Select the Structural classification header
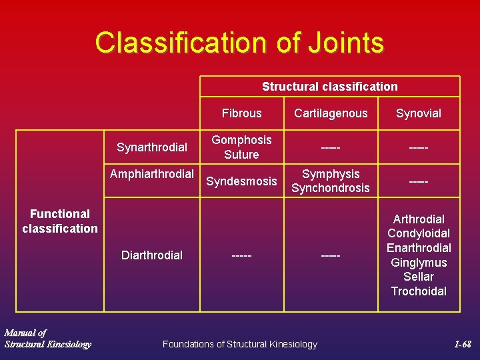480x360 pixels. (329, 87)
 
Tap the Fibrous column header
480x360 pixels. (241, 113)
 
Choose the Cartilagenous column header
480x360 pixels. (331, 113)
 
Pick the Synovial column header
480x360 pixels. (419, 113)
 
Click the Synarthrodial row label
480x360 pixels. (152, 147)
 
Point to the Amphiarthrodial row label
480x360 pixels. (152, 175)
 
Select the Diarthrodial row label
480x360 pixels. (152, 255)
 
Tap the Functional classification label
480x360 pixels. (60, 221)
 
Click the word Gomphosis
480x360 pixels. (241, 140)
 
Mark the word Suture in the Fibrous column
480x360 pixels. (241, 155)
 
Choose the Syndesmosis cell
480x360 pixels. (241, 181)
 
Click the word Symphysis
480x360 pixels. (331, 174)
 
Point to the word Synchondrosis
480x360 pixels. (331, 188)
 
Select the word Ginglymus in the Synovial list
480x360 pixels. (419, 263)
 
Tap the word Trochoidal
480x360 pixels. (419, 291)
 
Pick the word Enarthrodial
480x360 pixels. (419, 248)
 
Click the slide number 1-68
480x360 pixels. (462, 345)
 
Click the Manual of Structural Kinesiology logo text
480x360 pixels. (47, 339)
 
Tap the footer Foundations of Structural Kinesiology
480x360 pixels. (240, 344)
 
